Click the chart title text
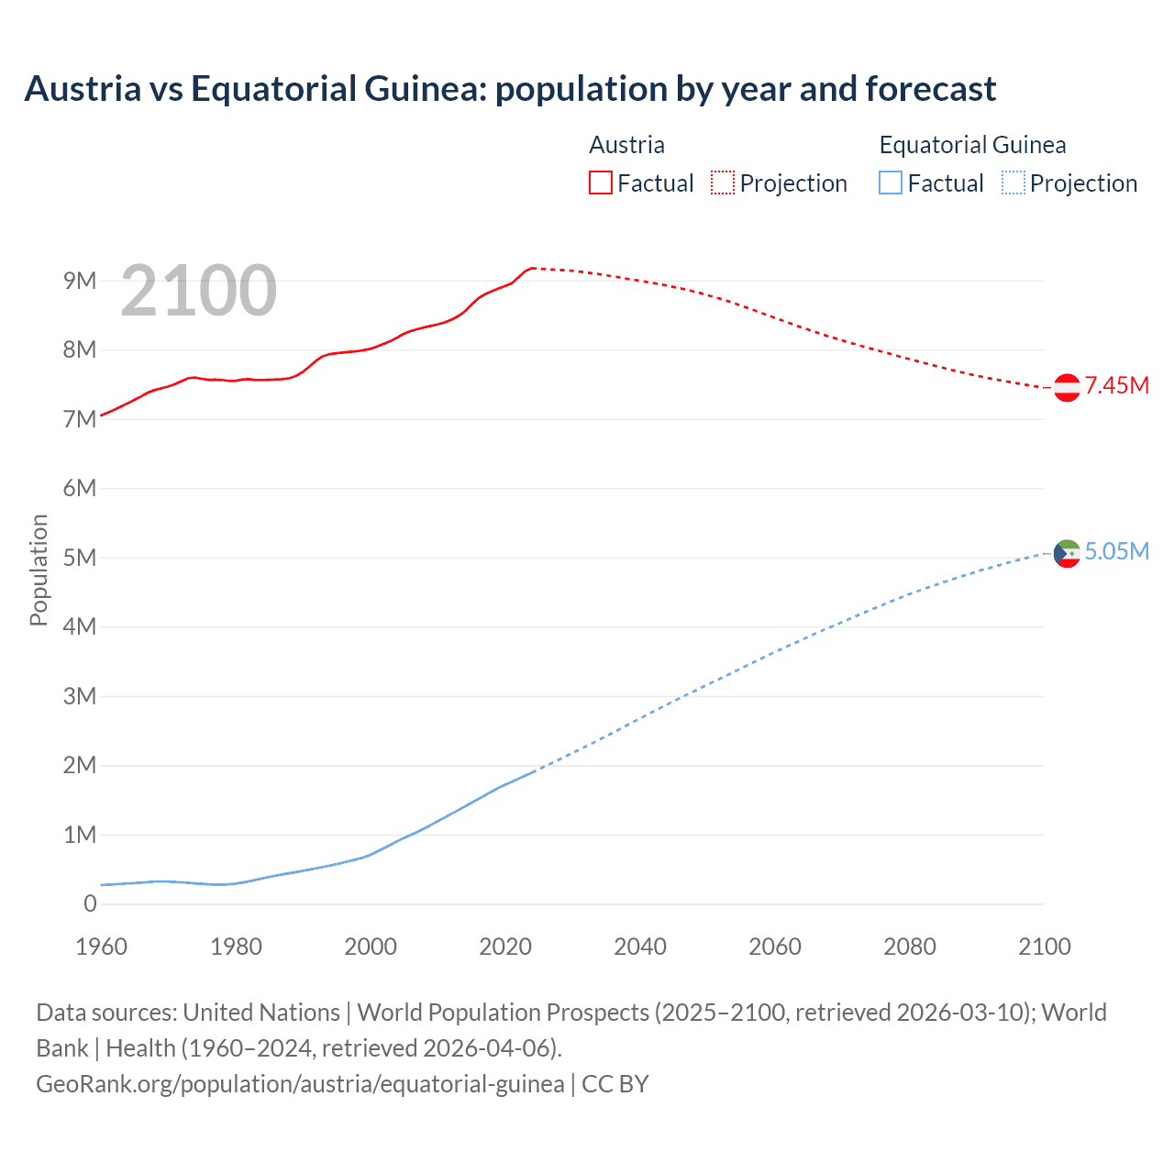pos(510,89)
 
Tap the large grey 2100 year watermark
pos(198,291)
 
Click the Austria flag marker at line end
pos(1067,388)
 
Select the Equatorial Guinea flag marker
pos(1067,553)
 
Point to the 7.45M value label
pos(1116,385)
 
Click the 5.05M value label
pos(1116,551)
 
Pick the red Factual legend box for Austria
pos(601,183)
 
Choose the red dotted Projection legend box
pos(723,183)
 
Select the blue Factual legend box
pos(891,183)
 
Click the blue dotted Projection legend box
pos(1013,183)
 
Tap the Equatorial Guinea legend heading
pos(972,145)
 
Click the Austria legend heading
pos(626,145)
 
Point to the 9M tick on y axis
pos(80,281)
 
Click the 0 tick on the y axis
pos(90,903)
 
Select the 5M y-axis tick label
pos(80,558)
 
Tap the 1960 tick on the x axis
pos(101,947)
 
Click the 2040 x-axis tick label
pos(640,947)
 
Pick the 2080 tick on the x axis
pos(910,947)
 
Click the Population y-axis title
pos(39,570)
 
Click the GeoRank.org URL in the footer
pos(300,1084)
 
